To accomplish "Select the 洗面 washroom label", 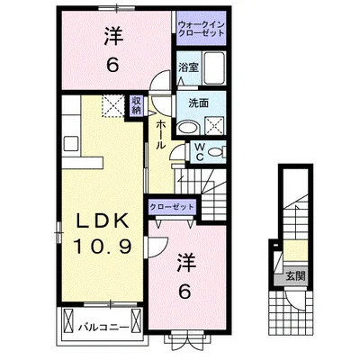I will point(187,101).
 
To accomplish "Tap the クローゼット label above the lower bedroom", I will point(172,207).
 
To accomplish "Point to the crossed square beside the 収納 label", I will point(113,106).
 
